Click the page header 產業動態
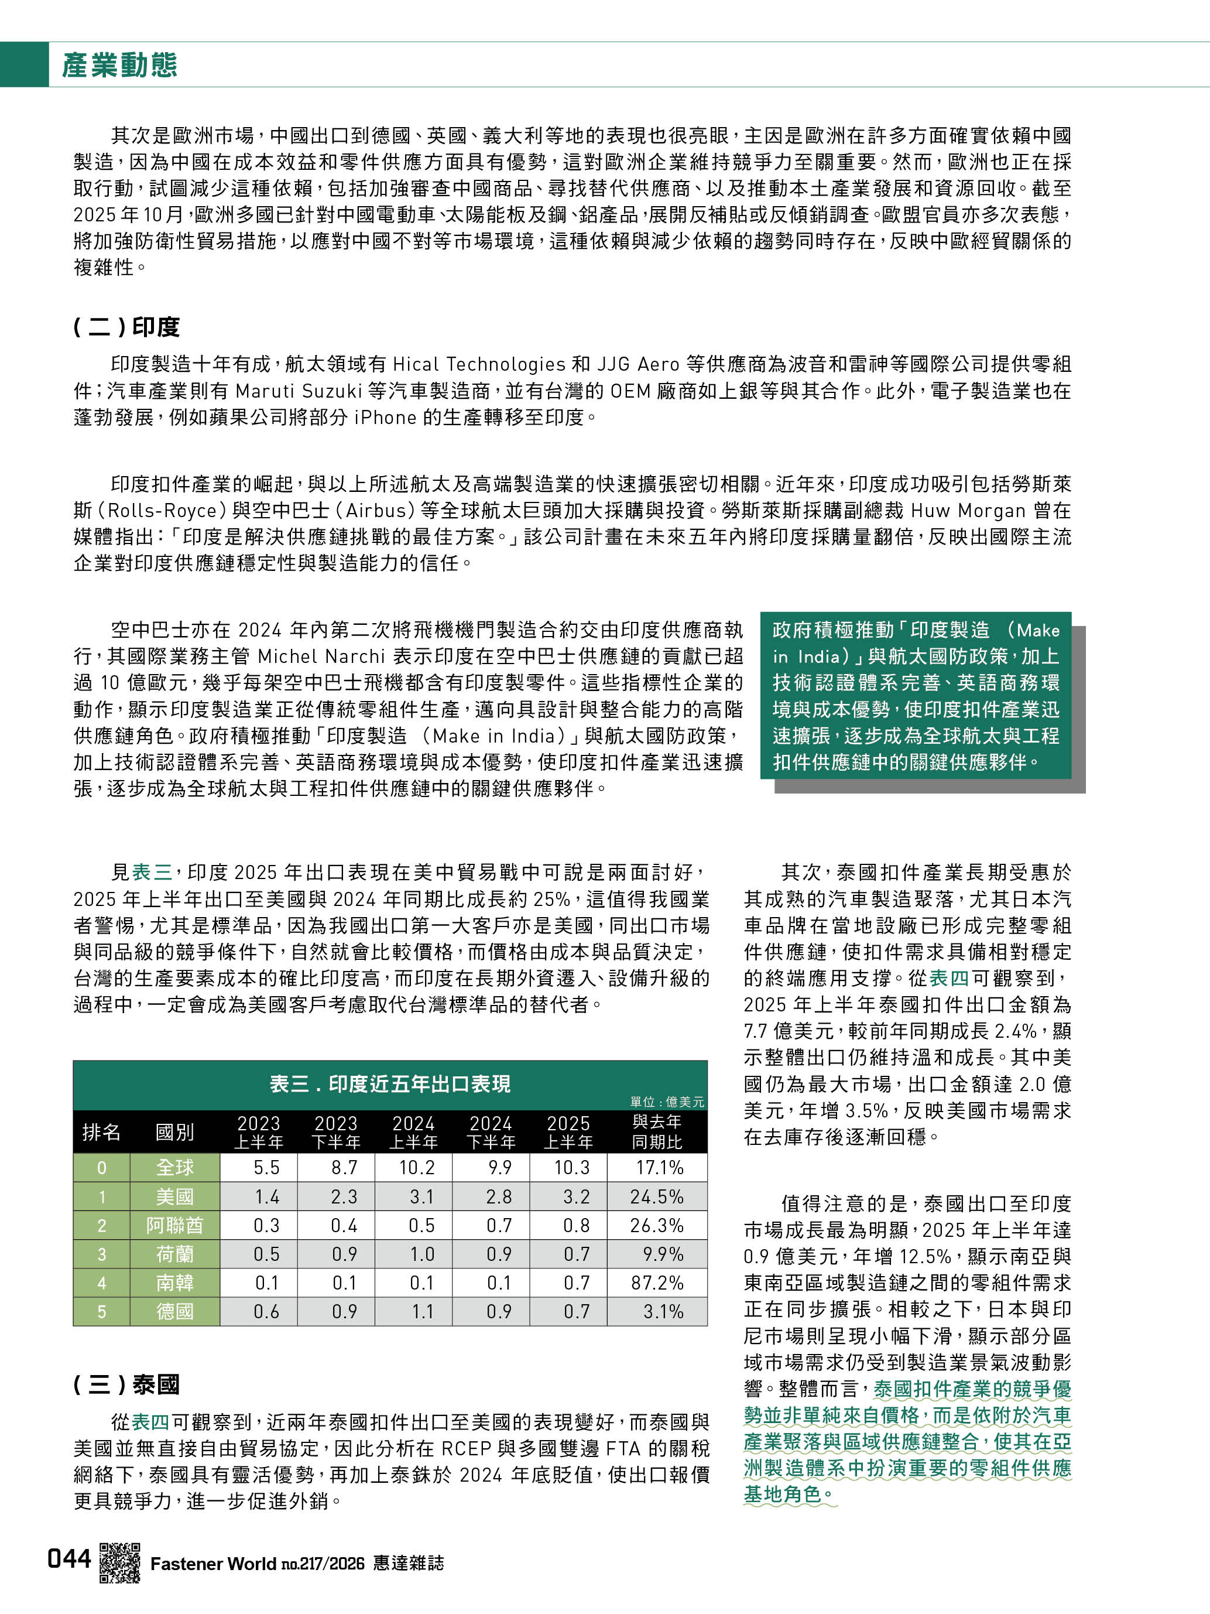pyautogui.click(x=119, y=65)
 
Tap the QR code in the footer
pyautogui.click(x=119, y=1562)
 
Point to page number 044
pyautogui.click(x=69, y=1558)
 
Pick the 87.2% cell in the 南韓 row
pyautogui.click(x=656, y=1283)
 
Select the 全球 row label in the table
pyautogui.click(x=175, y=1167)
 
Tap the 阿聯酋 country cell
pyautogui.click(x=175, y=1225)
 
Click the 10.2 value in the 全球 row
pyautogui.click(x=416, y=1167)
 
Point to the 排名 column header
pyautogui.click(x=101, y=1131)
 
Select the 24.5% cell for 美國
pyautogui.click(x=656, y=1196)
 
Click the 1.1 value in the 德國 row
pyautogui.click(x=422, y=1311)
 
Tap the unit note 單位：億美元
pyautogui.click(x=667, y=1102)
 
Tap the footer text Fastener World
pyautogui.click(x=213, y=1564)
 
